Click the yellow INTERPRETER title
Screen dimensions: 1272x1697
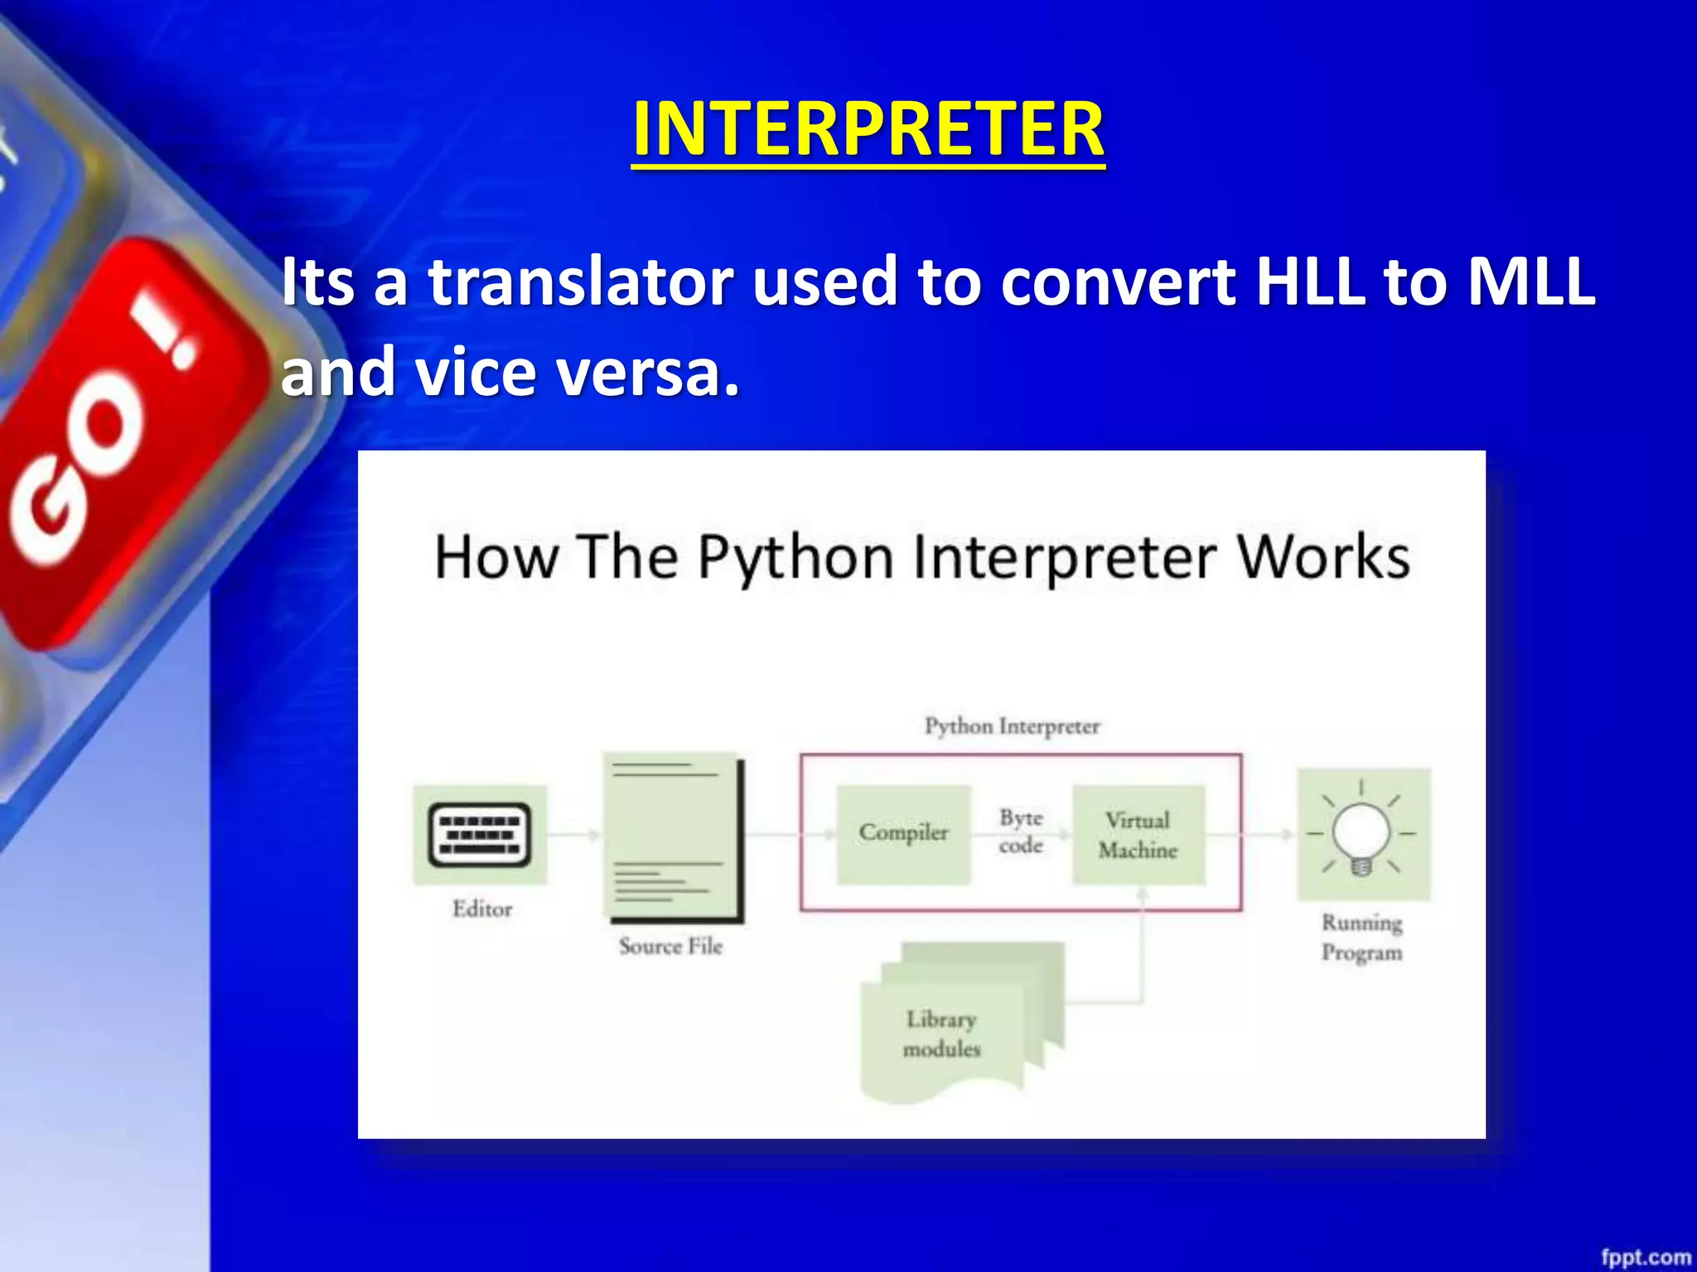tap(868, 129)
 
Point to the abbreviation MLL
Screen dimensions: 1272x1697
tap(1531, 282)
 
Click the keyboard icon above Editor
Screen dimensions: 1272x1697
tap(480, 835)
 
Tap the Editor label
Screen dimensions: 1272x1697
tap(482, 909)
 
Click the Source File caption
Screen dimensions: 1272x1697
tap(670, 946)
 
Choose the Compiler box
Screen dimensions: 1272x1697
tap(903, 833)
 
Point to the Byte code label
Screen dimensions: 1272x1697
tap(1021, 831)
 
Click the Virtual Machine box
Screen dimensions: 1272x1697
tap(1139, 835)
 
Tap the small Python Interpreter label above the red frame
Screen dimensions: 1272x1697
tap(1012, 726)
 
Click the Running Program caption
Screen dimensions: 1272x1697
tap(1361, 937)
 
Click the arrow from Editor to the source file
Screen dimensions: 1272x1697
tap(573, 835)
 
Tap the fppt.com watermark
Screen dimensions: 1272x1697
tap(1645, 1257)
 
